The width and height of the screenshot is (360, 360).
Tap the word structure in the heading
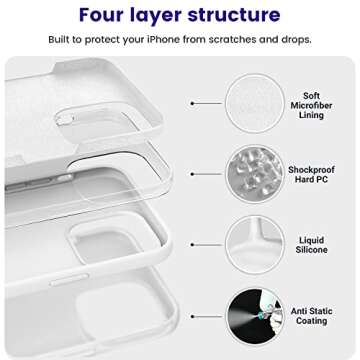[x=234, y=15]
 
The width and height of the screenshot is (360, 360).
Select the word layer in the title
[x=163, y=16]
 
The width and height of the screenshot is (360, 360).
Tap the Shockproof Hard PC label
[x=311, y=175]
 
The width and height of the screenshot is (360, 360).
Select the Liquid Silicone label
[x=311, y=245]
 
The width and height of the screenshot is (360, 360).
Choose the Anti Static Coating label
[x=312, y=317]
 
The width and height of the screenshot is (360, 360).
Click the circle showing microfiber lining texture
[x=255, y=102]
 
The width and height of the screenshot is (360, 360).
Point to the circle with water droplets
[x=255, y=174]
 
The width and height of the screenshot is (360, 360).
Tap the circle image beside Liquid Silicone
[x=255, y=245]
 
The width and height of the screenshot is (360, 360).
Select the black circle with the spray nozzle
[x=255, y=317]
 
